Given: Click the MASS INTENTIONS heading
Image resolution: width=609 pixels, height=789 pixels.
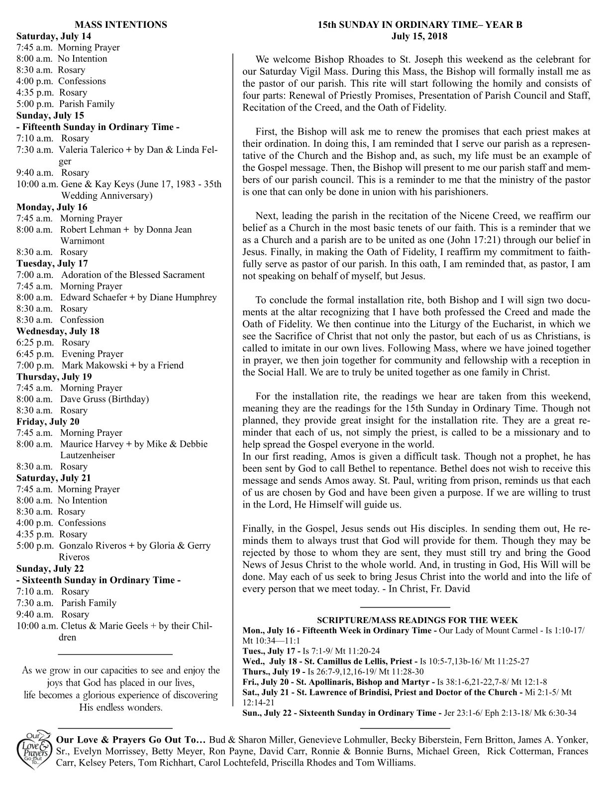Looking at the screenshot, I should pyautogui.click(x=120, y=24).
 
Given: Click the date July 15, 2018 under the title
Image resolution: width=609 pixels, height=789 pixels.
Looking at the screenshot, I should pyautogui.click(x=419, y=36).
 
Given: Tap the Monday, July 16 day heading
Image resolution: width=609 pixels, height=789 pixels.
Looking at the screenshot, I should pyautogui.click(x=52, y=207).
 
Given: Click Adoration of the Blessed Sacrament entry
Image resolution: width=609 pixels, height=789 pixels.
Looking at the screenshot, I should pyautogui.click(x=133, y=275).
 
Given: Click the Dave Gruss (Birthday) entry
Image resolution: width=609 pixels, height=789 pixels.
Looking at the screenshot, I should pyautogui.click(x=104, y=399).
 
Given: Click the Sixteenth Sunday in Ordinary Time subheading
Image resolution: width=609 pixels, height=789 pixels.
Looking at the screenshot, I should pyautogui.click(x=99, y=580).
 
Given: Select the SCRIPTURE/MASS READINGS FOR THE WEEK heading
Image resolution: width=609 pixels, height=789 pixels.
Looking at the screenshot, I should pyautogui.click(x=417, y=620).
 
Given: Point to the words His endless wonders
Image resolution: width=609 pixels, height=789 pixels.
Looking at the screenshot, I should pyautogui.click(x=120, y=707).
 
